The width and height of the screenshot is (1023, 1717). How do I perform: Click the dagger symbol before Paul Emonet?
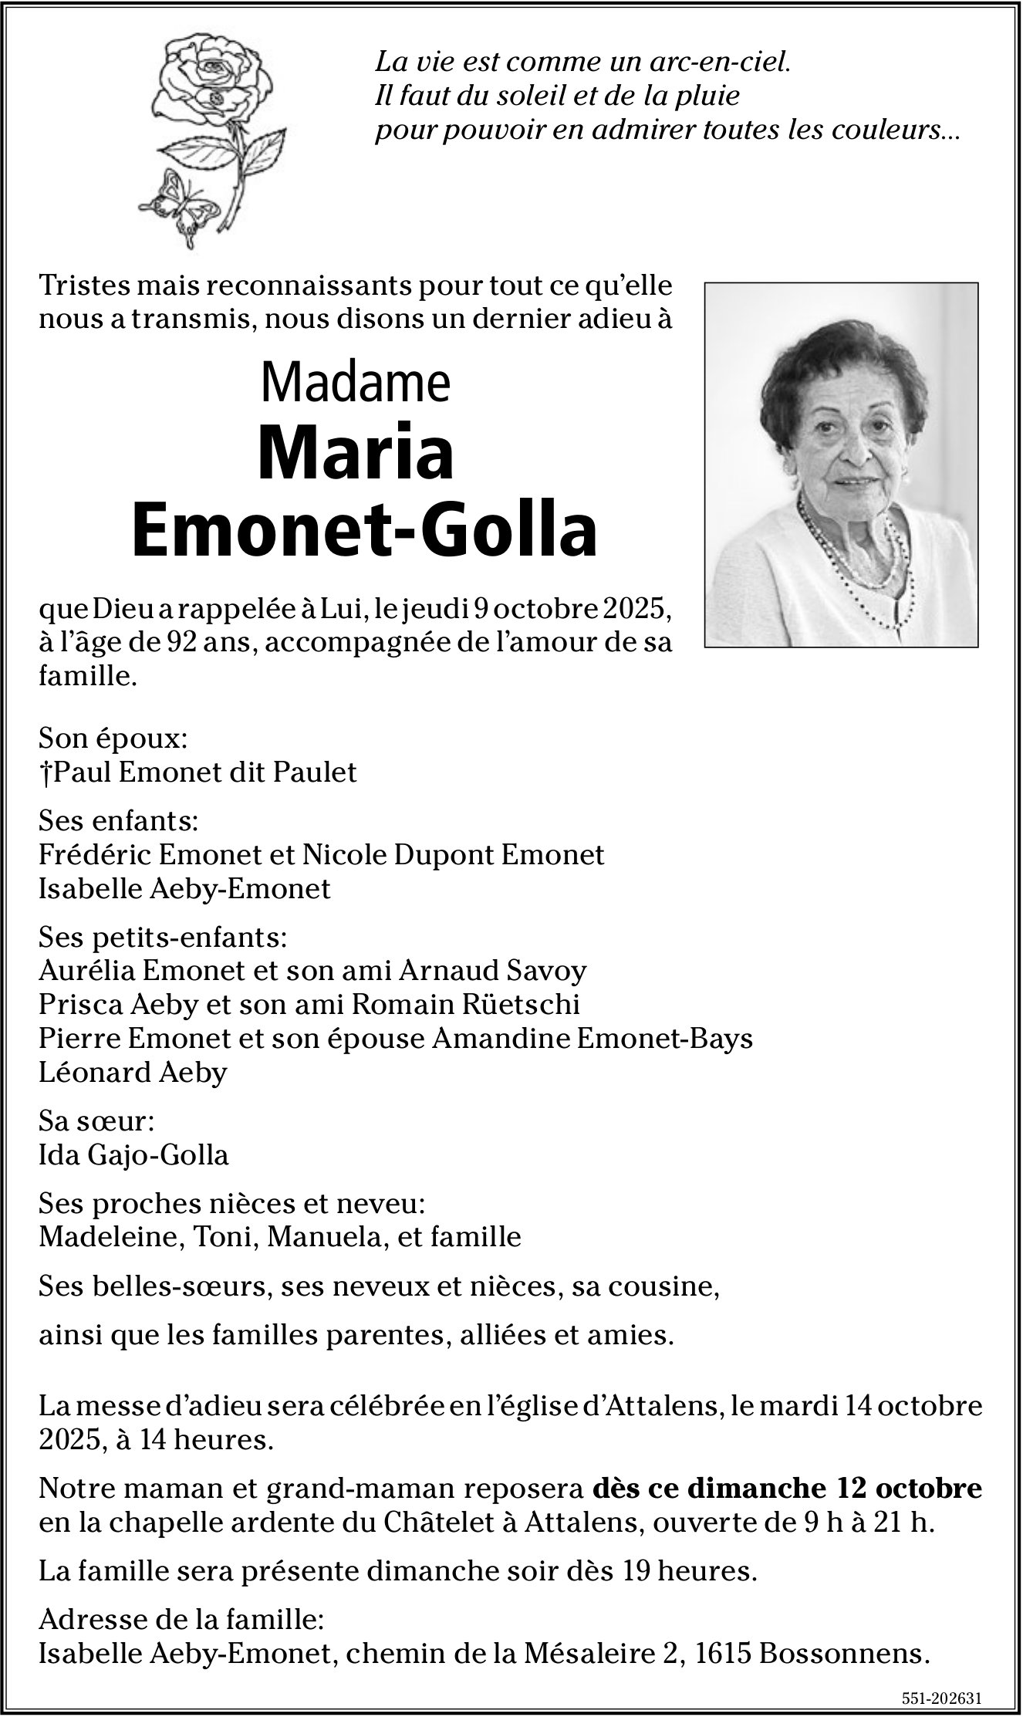(44, 772)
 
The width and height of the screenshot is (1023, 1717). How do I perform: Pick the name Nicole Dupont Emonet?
(453, 855)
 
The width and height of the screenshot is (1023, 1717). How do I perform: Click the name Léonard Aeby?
(133, 1072)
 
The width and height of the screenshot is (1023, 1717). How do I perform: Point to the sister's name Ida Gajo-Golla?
(133, 1154)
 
